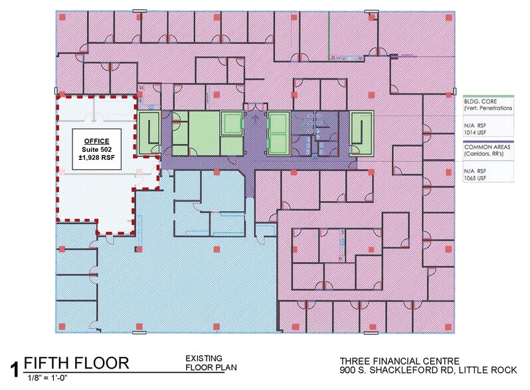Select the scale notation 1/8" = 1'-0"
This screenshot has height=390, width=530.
tap(48, 378)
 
